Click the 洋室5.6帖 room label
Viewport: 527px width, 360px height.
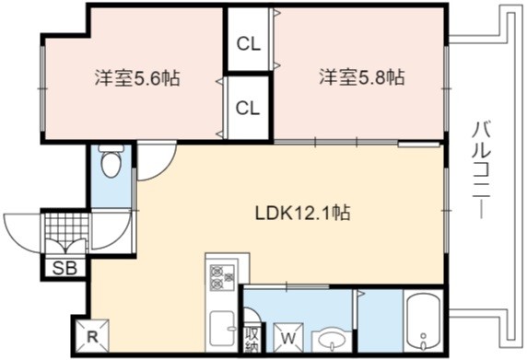pos(136,78)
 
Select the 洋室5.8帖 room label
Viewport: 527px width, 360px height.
pos(362,77)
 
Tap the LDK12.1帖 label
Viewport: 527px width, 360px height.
pos(303,213)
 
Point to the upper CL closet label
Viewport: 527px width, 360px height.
pos(249,43)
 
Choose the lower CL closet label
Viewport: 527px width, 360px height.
pos(248,108)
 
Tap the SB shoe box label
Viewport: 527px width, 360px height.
pos(65,268)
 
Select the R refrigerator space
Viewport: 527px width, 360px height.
pos(92,336)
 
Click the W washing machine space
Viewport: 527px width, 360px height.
pos(288,338)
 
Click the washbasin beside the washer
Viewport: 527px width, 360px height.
pos(332,342)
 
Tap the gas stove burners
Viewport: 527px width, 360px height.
pos(222,277)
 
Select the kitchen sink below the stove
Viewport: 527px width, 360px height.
pos(222,331)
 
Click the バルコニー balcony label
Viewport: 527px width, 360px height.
pos(481,170)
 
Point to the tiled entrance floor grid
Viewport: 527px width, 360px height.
pos(67,226)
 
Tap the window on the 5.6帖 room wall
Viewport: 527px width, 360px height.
pos(42,88)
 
